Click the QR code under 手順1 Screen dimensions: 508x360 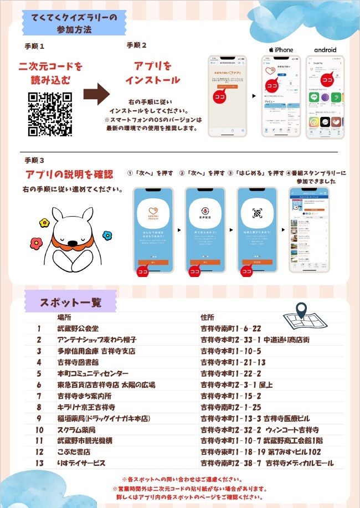pyautogui.click(x=50, y=114)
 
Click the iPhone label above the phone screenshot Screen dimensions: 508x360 pyautogui.click(x=281, y=50)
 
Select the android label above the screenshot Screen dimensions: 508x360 pyautogui.click(x=325, y=50)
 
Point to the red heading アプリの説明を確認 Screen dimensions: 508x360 pyautogui.click(x=69, y=175)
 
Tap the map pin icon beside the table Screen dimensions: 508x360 pyautogui.click(x=301, y=311)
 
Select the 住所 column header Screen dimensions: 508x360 pyautogui.click(x=207, y=318)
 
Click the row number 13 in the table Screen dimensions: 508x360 pyautogui.click(x=39, y=463)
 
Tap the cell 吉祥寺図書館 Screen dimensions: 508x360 pyautogui.click(x=78, y=362)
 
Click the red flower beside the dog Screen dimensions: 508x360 pyautogui.click(x=36, y=243)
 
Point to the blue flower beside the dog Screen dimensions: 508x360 pyautogui.click(x=107, y=235)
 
